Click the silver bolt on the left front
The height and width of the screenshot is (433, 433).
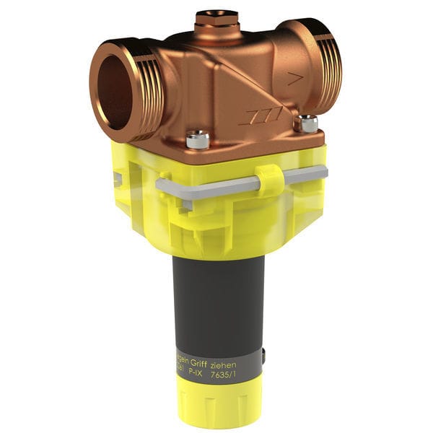pos(197,139)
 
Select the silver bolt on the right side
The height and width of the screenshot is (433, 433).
pos(308,123)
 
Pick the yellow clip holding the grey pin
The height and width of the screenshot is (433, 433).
pos(268,180)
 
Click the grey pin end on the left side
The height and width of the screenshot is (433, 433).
pos(116,179)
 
